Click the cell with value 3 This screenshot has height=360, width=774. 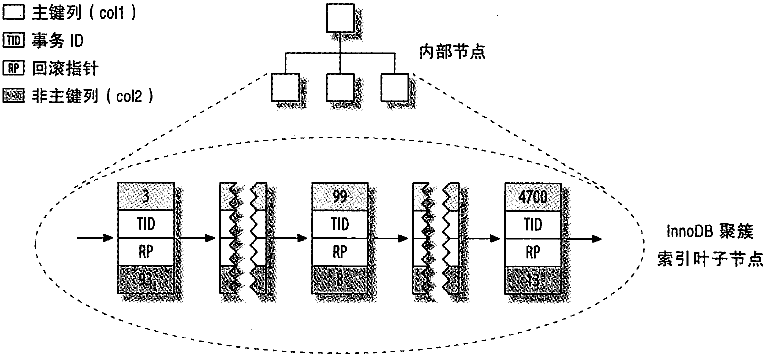point(145,196)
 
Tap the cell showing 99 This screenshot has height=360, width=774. point(339,196)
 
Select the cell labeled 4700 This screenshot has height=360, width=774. point(533,196)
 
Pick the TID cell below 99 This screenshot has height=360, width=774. point(339,224)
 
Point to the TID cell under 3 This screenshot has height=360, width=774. point(145,224)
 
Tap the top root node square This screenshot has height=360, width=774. point(339,18)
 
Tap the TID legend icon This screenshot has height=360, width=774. point(13,41)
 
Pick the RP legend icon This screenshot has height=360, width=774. point(13,68)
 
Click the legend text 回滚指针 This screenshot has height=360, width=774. point(65,68)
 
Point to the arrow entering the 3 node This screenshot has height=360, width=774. point(95,239)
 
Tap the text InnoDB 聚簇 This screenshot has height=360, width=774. point(708,232)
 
